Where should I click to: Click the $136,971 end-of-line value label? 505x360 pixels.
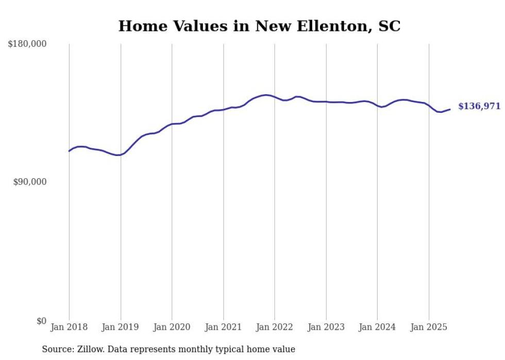479,106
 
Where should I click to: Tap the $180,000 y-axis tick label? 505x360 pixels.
27,44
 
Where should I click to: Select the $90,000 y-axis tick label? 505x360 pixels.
30,182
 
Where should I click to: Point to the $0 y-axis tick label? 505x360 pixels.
41,321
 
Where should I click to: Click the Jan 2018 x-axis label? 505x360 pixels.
69,327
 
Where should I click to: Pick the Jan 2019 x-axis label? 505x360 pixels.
121,327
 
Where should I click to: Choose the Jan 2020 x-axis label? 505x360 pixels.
172,327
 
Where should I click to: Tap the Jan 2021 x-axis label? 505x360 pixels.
224,327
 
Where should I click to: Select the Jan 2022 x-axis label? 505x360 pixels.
275,327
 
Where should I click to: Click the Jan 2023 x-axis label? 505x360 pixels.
326,327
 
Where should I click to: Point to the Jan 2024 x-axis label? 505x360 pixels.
378,327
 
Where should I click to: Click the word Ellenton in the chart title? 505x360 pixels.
324,26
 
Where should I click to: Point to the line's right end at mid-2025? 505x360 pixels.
450,109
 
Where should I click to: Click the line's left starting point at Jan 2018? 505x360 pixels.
69,151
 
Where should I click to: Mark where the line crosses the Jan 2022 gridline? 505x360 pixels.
275,97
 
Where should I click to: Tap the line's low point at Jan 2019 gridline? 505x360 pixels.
120,155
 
